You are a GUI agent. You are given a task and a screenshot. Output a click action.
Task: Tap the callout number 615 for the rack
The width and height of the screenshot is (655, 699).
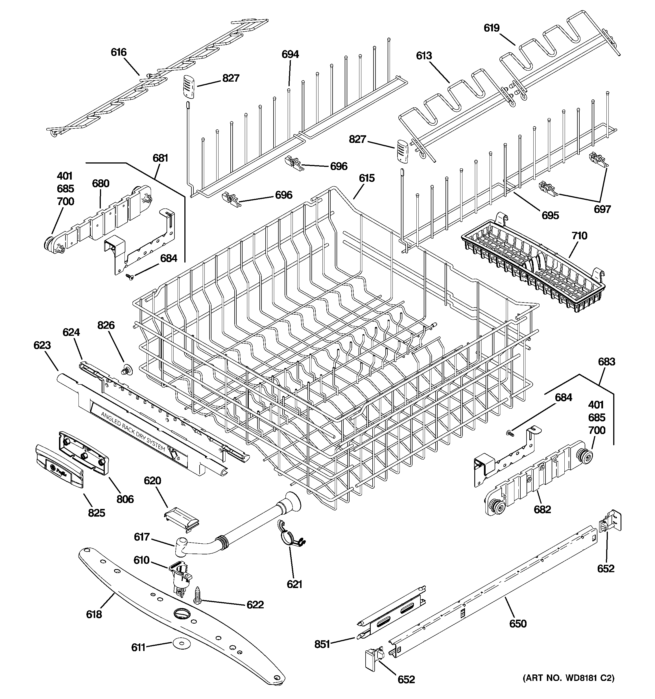pyautogui.click(x=367, y=178)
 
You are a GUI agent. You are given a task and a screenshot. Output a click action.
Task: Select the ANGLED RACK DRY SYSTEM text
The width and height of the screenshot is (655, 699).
pyautogui.click(x=133, y=431)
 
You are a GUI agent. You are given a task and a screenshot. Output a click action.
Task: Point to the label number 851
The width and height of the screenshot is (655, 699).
pyautogui.click(x=322, y=644)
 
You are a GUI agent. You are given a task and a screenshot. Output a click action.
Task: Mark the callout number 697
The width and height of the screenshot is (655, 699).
pyautogui.click(x=602, y=209)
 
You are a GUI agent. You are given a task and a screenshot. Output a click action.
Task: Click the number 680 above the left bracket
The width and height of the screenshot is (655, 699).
pyautogui.click(x=101, y=183)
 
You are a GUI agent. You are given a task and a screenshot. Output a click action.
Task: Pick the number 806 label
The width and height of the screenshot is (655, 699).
pyautogui.click(x=125, y=499)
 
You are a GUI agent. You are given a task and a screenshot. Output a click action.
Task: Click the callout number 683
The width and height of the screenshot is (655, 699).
pyautogui.click(x=606, y=362)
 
